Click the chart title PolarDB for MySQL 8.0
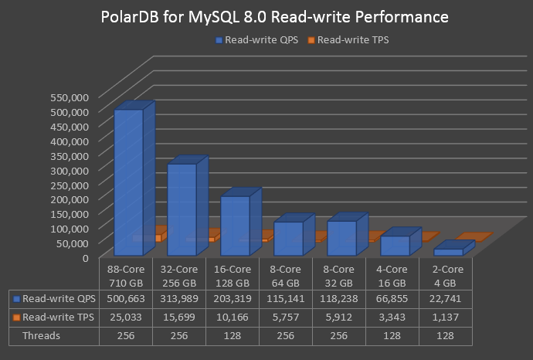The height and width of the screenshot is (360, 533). (x=266, y=16)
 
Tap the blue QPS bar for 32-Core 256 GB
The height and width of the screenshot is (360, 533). (x=182, y=209)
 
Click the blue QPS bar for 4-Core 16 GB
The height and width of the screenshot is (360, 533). (x=395, y=245)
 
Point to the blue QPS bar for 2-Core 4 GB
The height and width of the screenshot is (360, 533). (x=448, y=252)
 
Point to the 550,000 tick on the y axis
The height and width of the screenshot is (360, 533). (x=70, y=97)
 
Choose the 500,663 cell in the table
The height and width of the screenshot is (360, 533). (x=126, y=298)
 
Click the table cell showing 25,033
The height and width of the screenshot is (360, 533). (x=126, y=318)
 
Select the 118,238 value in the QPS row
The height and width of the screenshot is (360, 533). (x=338, y=298)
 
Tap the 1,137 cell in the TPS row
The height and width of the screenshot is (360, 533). (x=445, y=318)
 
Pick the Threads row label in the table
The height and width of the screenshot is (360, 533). (x=42, y=336)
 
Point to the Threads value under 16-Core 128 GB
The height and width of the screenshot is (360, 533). (x=232, y=336)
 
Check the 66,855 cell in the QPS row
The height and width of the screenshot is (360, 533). (x=392, y=298)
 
